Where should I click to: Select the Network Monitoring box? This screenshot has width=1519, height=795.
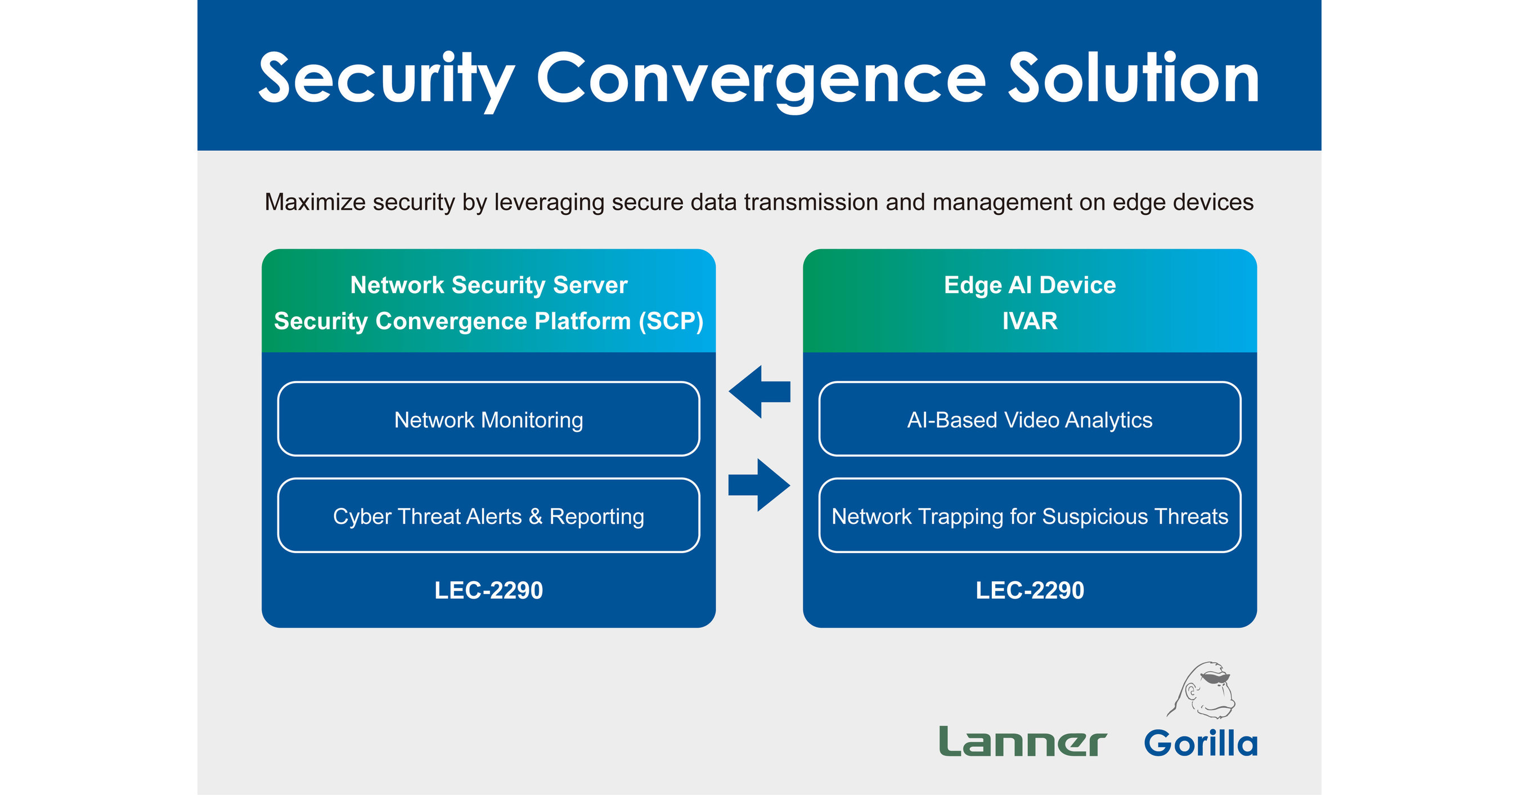click(x=488, y=419)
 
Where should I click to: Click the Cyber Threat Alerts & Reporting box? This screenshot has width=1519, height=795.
click(x=488, y=516)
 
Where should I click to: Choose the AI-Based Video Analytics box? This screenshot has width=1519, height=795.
click(x=1030, y=419)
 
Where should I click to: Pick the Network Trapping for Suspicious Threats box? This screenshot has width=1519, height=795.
click(x=1030, y=516)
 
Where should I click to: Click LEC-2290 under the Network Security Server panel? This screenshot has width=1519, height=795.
click(x=488, y=590)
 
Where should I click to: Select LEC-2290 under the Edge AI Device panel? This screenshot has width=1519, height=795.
click(x=1030, y=590)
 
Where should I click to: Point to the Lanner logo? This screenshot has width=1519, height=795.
click(x=1022, y=742)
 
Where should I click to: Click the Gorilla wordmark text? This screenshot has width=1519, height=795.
click(x=1201, y=743)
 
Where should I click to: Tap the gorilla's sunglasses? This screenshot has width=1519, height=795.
click(x=1216, y=678)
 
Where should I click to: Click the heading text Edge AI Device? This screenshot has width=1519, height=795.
click(x=1030, y=285)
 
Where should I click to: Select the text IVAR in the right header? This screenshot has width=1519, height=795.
click(x=1030, y=321)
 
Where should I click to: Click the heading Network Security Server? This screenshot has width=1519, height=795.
click(x=488, y=285)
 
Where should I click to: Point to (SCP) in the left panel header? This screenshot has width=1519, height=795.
click(x=671, y=321)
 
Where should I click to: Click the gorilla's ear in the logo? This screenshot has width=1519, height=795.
click(x=1191, y=690)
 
